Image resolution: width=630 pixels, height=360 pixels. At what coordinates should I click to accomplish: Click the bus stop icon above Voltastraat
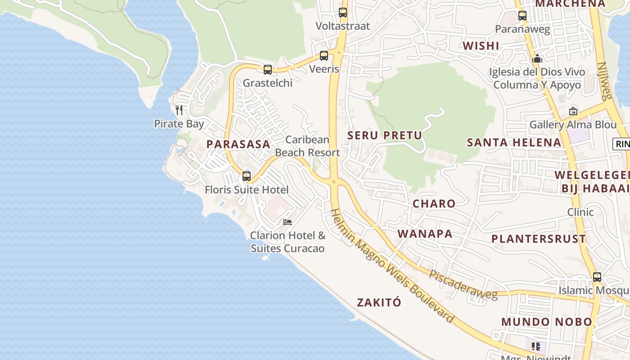343,13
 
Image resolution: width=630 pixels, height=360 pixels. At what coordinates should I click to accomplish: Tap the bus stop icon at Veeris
324,56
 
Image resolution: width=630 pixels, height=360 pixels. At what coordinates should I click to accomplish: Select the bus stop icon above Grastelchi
268,70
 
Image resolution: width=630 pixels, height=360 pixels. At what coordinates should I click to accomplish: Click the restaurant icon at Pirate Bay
179,110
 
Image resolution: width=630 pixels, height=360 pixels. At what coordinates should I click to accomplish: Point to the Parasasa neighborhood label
238,144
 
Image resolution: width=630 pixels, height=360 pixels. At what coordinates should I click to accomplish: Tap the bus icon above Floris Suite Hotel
247,176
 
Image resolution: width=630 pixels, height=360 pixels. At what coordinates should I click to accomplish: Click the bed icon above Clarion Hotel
288,222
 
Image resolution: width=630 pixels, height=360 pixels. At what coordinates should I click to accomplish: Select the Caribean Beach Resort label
308,146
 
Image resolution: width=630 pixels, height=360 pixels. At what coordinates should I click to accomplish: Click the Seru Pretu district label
385,135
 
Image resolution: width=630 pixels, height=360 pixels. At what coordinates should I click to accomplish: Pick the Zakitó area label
379,302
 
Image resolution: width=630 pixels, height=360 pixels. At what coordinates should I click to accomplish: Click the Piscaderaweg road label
463,285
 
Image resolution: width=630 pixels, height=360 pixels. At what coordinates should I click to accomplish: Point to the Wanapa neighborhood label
425,234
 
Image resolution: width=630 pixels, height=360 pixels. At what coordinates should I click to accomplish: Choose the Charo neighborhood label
434,203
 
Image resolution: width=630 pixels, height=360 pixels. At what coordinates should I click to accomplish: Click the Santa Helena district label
514,143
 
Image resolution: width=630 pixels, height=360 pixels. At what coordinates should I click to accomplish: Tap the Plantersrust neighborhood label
539,239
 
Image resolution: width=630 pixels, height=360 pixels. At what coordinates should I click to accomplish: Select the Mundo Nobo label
547,322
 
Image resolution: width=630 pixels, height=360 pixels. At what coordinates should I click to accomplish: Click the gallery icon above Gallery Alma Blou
573,111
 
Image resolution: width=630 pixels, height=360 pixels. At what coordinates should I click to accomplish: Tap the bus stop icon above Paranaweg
522,16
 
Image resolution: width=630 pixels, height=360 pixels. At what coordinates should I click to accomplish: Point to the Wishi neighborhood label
481,46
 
